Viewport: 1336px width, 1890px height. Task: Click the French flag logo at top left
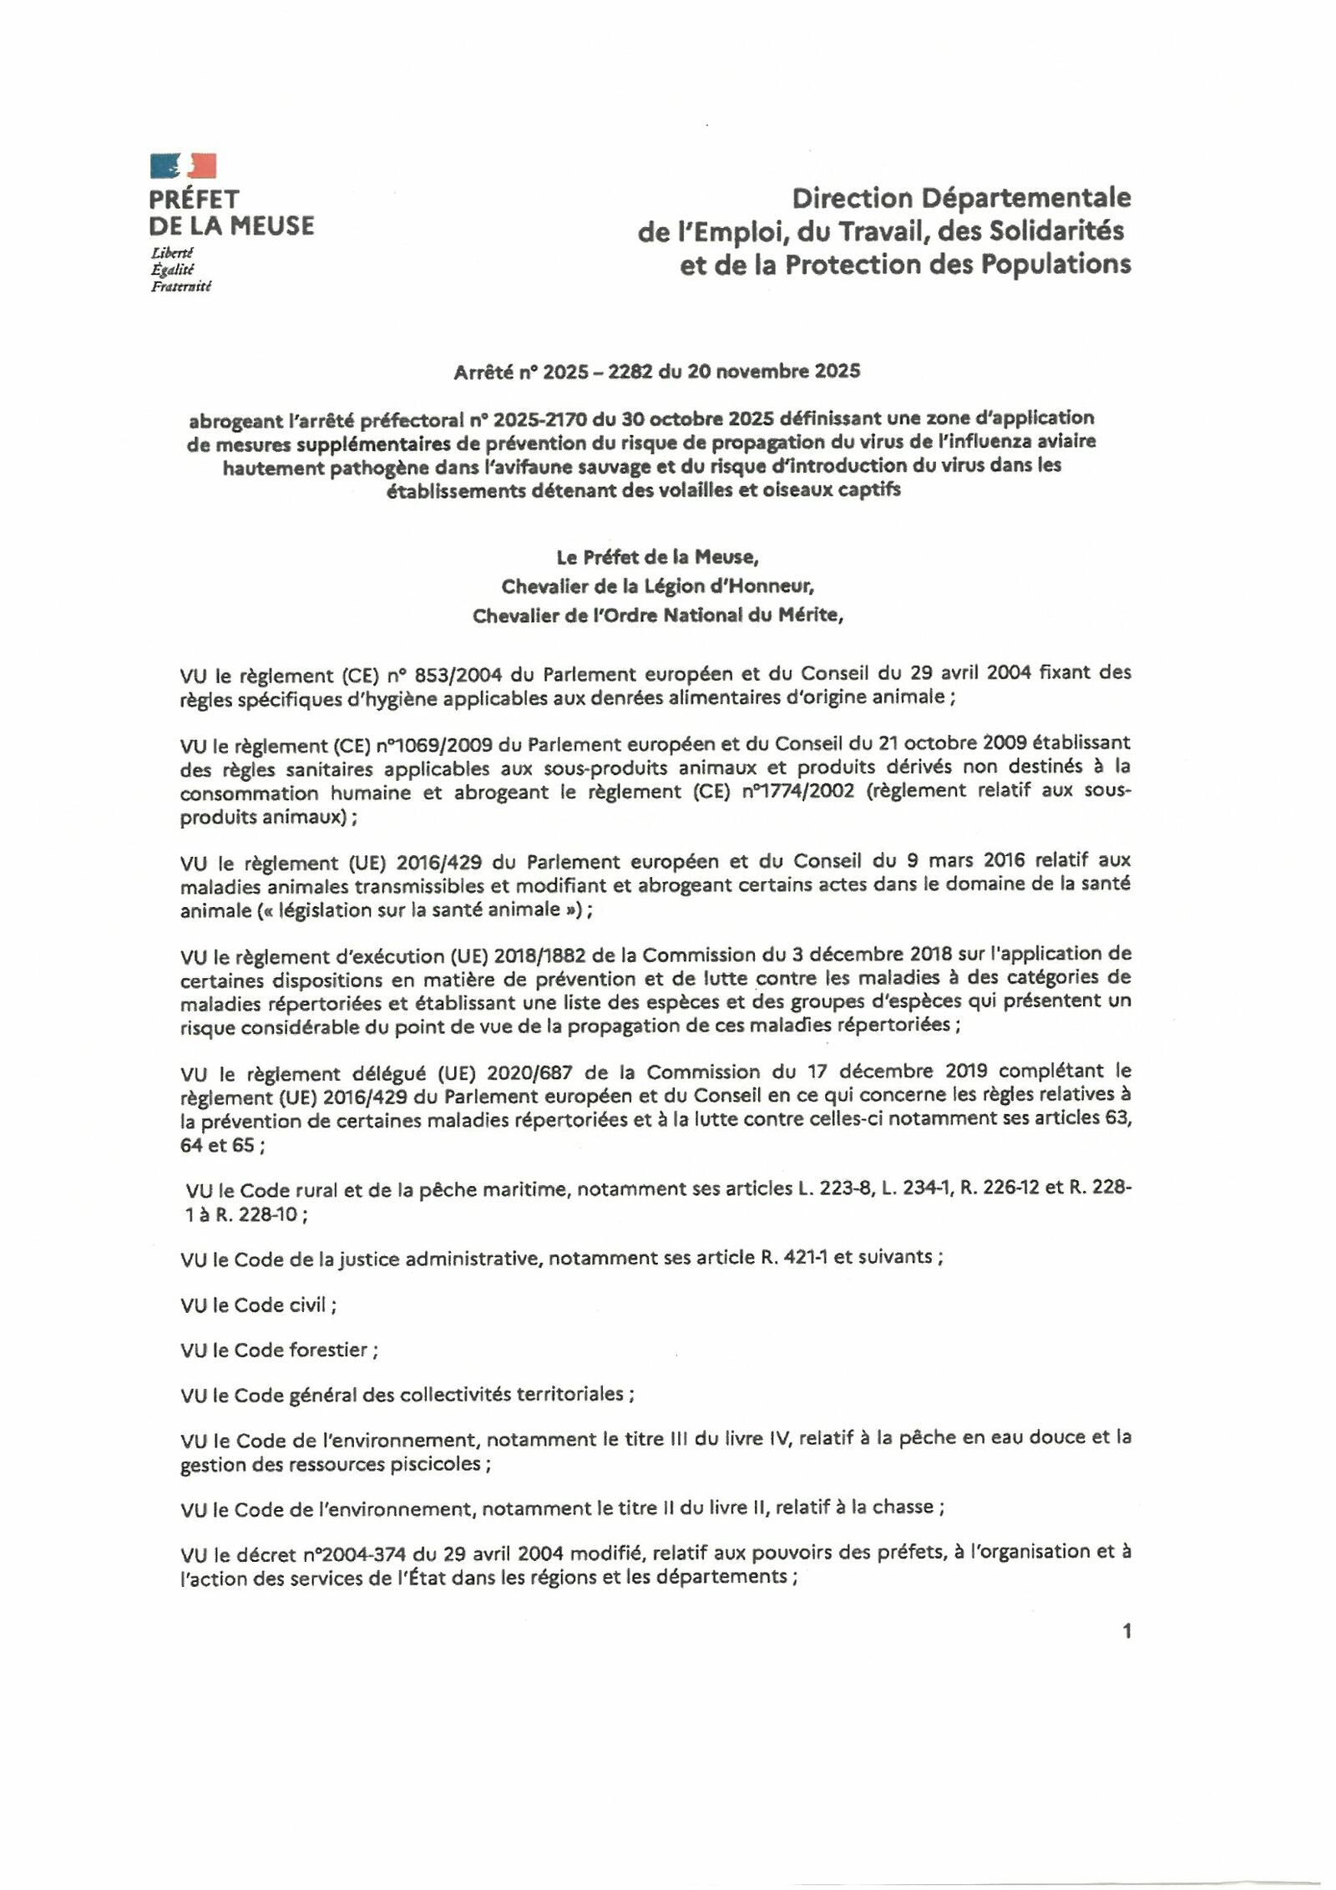pyautogui.click(x=183, y=165)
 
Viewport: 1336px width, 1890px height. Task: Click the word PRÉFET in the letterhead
pyautogui.click(x=194, y=200)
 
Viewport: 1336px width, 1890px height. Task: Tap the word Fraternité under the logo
pyautogui.click(x=180, y=287)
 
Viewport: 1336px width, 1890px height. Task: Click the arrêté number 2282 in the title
pyautogui.click(x=630, y=372)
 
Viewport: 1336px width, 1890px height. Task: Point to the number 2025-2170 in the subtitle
pyautogui.click(x=540, y=418)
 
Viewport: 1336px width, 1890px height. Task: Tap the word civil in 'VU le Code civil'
pyautogui.click(x=306, y=1305)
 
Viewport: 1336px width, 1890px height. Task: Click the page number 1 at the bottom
pyautogui.click(x=1126, y=1631)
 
